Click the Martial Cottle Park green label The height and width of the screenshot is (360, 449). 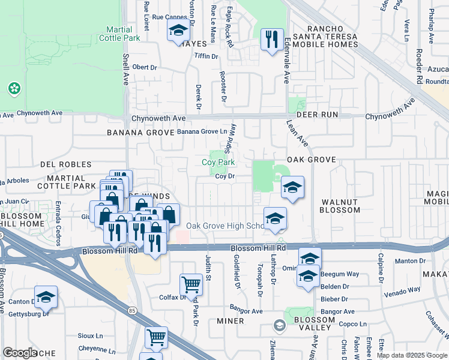pos(123,34)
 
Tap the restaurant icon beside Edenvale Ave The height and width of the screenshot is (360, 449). pos(272,40)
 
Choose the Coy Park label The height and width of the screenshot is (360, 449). pos(217,162)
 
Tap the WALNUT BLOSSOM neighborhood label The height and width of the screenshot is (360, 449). pos(340,206)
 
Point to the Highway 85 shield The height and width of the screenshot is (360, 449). pos(131,310)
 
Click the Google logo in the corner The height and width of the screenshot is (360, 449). pos(20,353)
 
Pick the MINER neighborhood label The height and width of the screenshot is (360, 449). pos(230,321)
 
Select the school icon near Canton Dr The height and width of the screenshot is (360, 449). pos(46,297)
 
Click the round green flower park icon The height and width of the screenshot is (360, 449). pos(14,89)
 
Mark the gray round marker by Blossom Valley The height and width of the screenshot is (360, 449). pos(279,326)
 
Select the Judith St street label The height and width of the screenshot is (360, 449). pos(208,269)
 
